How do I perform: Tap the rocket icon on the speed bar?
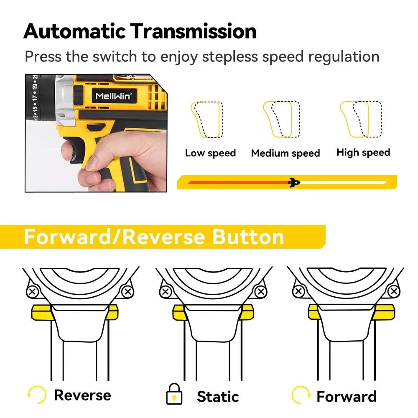click(295, 182)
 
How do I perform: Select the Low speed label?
click(210, 153)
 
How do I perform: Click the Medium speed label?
click(285, 153)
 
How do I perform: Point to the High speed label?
click(363, 153)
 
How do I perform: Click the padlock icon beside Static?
click(174, 395)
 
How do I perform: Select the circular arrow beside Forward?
click(301, 395)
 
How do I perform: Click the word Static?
click(218, 396)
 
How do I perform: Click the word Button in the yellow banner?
click(248, 237)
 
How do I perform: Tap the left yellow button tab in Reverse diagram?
click(41, 312)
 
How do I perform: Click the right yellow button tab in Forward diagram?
click(385, 311)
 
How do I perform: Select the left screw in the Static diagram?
click(166, 291)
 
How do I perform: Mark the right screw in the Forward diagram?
click(393, 291)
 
